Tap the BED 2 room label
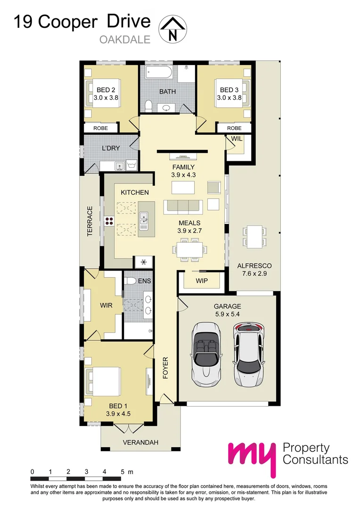click(x=106, y=90)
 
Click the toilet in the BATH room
click(x=147, y=106)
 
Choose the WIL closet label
click(x=236, y=139)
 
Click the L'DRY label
click(x=111, y=148)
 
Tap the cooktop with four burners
click(x=109, y=222)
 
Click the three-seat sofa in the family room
click(x=183, y=206)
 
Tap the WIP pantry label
click(x=201, y=281)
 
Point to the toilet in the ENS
click(x=131, y=281)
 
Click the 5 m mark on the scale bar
click(x=123, y=471)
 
